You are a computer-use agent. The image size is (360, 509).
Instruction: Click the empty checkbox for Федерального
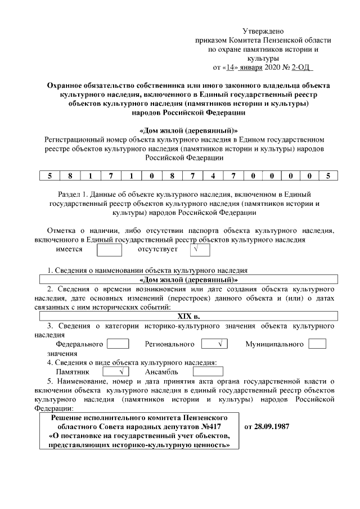118,344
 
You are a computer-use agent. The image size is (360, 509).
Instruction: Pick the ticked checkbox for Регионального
214,344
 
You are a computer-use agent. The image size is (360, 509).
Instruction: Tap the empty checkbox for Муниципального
317,344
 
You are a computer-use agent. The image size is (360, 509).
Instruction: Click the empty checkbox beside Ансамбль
208,372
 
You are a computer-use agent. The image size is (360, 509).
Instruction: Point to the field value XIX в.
188,316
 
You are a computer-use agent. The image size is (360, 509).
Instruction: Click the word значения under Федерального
62,353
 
